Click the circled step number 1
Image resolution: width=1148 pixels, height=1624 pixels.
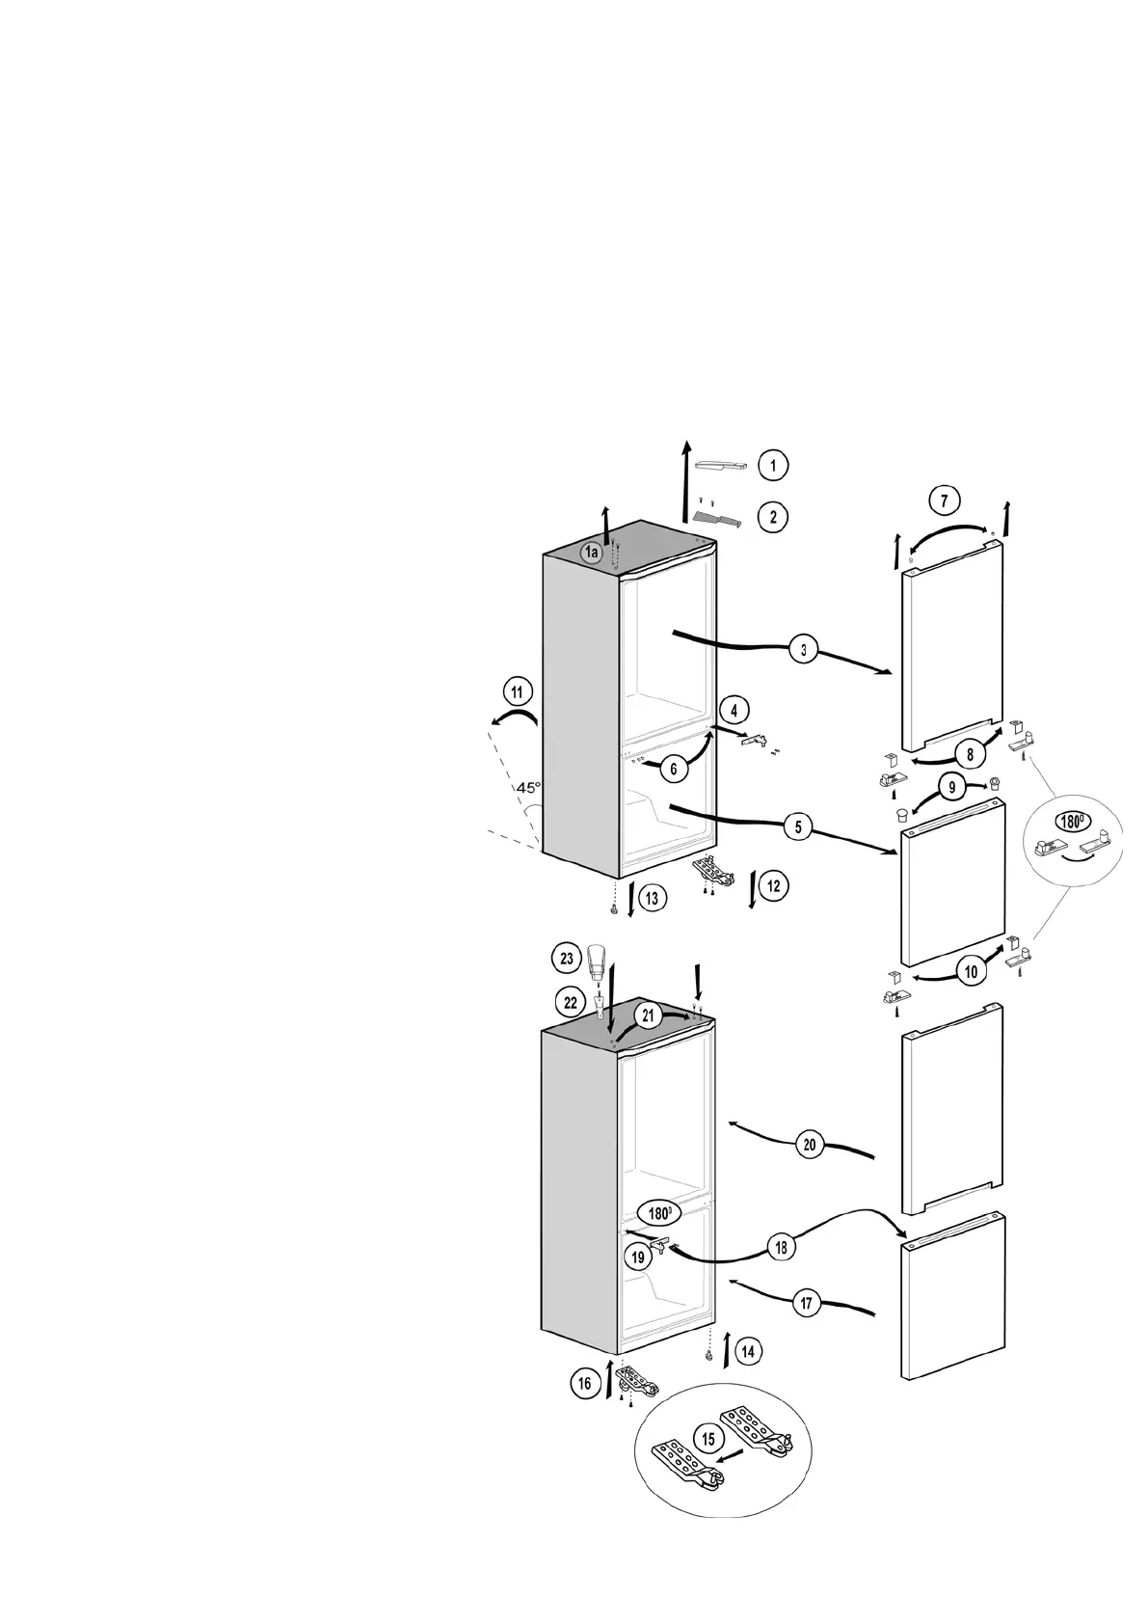772,466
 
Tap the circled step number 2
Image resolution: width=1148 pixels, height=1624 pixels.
772,517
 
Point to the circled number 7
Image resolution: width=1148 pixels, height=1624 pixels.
944,501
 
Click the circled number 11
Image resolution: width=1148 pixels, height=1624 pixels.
518,692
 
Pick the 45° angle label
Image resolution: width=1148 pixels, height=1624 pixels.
528,788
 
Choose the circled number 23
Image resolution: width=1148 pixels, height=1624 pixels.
566,959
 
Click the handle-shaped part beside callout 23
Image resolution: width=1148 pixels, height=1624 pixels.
599,959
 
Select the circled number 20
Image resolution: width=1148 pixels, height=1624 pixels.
810,1146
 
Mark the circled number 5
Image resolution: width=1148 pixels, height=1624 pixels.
798,826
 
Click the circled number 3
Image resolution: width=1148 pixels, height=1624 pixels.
803,649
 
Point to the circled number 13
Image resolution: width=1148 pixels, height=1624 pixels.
652,899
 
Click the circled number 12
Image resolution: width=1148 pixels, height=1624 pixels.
773,884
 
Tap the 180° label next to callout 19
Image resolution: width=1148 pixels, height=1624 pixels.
659,1214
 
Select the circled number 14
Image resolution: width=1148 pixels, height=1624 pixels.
747,1352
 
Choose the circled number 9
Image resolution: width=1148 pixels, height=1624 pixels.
951,788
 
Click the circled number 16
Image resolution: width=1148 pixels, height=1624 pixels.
585,1384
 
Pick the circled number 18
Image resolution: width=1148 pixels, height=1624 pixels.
781,1247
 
